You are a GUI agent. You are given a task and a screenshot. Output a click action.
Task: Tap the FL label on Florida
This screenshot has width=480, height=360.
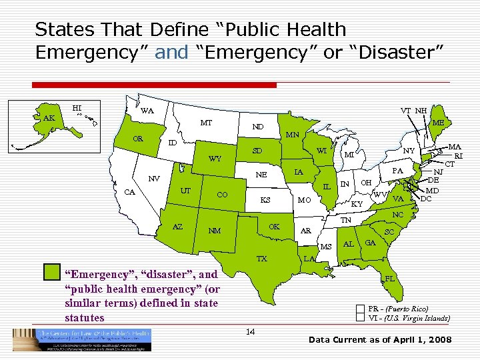click(x=389, y=277)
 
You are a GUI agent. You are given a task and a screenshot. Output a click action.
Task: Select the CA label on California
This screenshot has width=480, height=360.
click(x=131, y=193)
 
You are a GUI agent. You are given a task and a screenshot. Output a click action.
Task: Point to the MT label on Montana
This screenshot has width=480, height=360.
click(x=206, y=123)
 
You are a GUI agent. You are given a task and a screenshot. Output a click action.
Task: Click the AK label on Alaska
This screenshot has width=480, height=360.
click(x=49, y=118)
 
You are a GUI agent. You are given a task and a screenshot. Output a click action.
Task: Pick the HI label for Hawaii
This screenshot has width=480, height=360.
click(x=77, y=107)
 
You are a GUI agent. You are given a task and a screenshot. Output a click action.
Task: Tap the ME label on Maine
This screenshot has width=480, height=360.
click(x=438, y=123)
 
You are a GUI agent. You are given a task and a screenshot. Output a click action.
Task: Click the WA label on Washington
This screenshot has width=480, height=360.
click(x=147, y=111)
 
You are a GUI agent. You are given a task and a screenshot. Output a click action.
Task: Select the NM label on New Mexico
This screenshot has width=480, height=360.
click(x=215, y=231)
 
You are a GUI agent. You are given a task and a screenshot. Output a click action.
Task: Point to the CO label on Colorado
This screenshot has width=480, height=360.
click(x=224, y=195)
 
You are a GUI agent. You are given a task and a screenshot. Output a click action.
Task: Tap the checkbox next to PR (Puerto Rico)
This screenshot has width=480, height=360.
click(x=360, y=309)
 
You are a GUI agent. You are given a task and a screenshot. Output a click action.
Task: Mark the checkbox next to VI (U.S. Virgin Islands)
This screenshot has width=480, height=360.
click(x=360, y=318)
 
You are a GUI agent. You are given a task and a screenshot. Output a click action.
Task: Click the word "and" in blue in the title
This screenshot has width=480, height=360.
click(x=172, y=52)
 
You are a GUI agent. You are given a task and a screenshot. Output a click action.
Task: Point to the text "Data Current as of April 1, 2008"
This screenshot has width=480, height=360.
click(x=380, y=340)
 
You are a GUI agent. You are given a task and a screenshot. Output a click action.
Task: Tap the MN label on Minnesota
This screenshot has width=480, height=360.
click(x=293, y=135)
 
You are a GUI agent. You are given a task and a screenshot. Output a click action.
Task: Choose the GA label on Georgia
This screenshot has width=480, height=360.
click(x=370, y=242)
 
